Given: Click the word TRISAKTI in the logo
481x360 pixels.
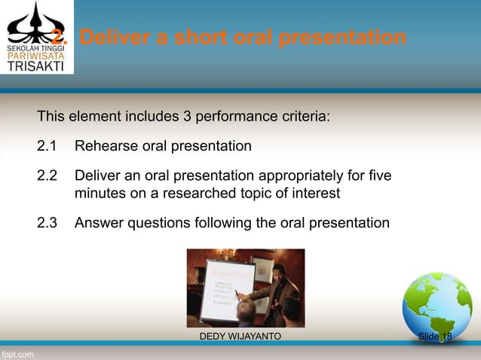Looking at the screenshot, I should [x=35, y=65].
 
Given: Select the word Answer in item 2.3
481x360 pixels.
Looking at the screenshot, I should [x=98, y=223].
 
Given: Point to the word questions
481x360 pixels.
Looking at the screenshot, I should [x=156, y=223].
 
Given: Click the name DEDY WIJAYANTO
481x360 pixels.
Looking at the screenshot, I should [x=240, y=336].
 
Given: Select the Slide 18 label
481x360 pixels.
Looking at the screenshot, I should [x=435, y=336].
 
